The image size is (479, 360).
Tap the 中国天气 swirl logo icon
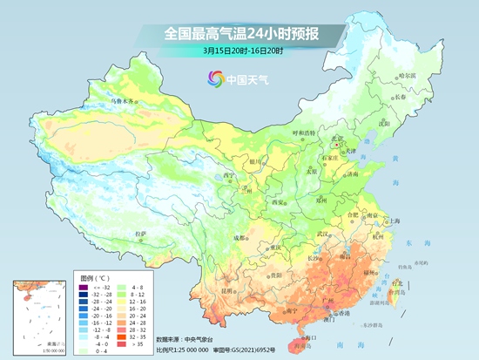pyautogui.click(x=214, y=79)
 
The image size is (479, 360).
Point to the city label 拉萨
pyautogui.click(x=140, y=234)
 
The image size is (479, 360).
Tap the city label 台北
pyautogui.click(x=398, y=282)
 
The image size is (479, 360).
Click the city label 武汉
pyautogui.click(x=324, y=233)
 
